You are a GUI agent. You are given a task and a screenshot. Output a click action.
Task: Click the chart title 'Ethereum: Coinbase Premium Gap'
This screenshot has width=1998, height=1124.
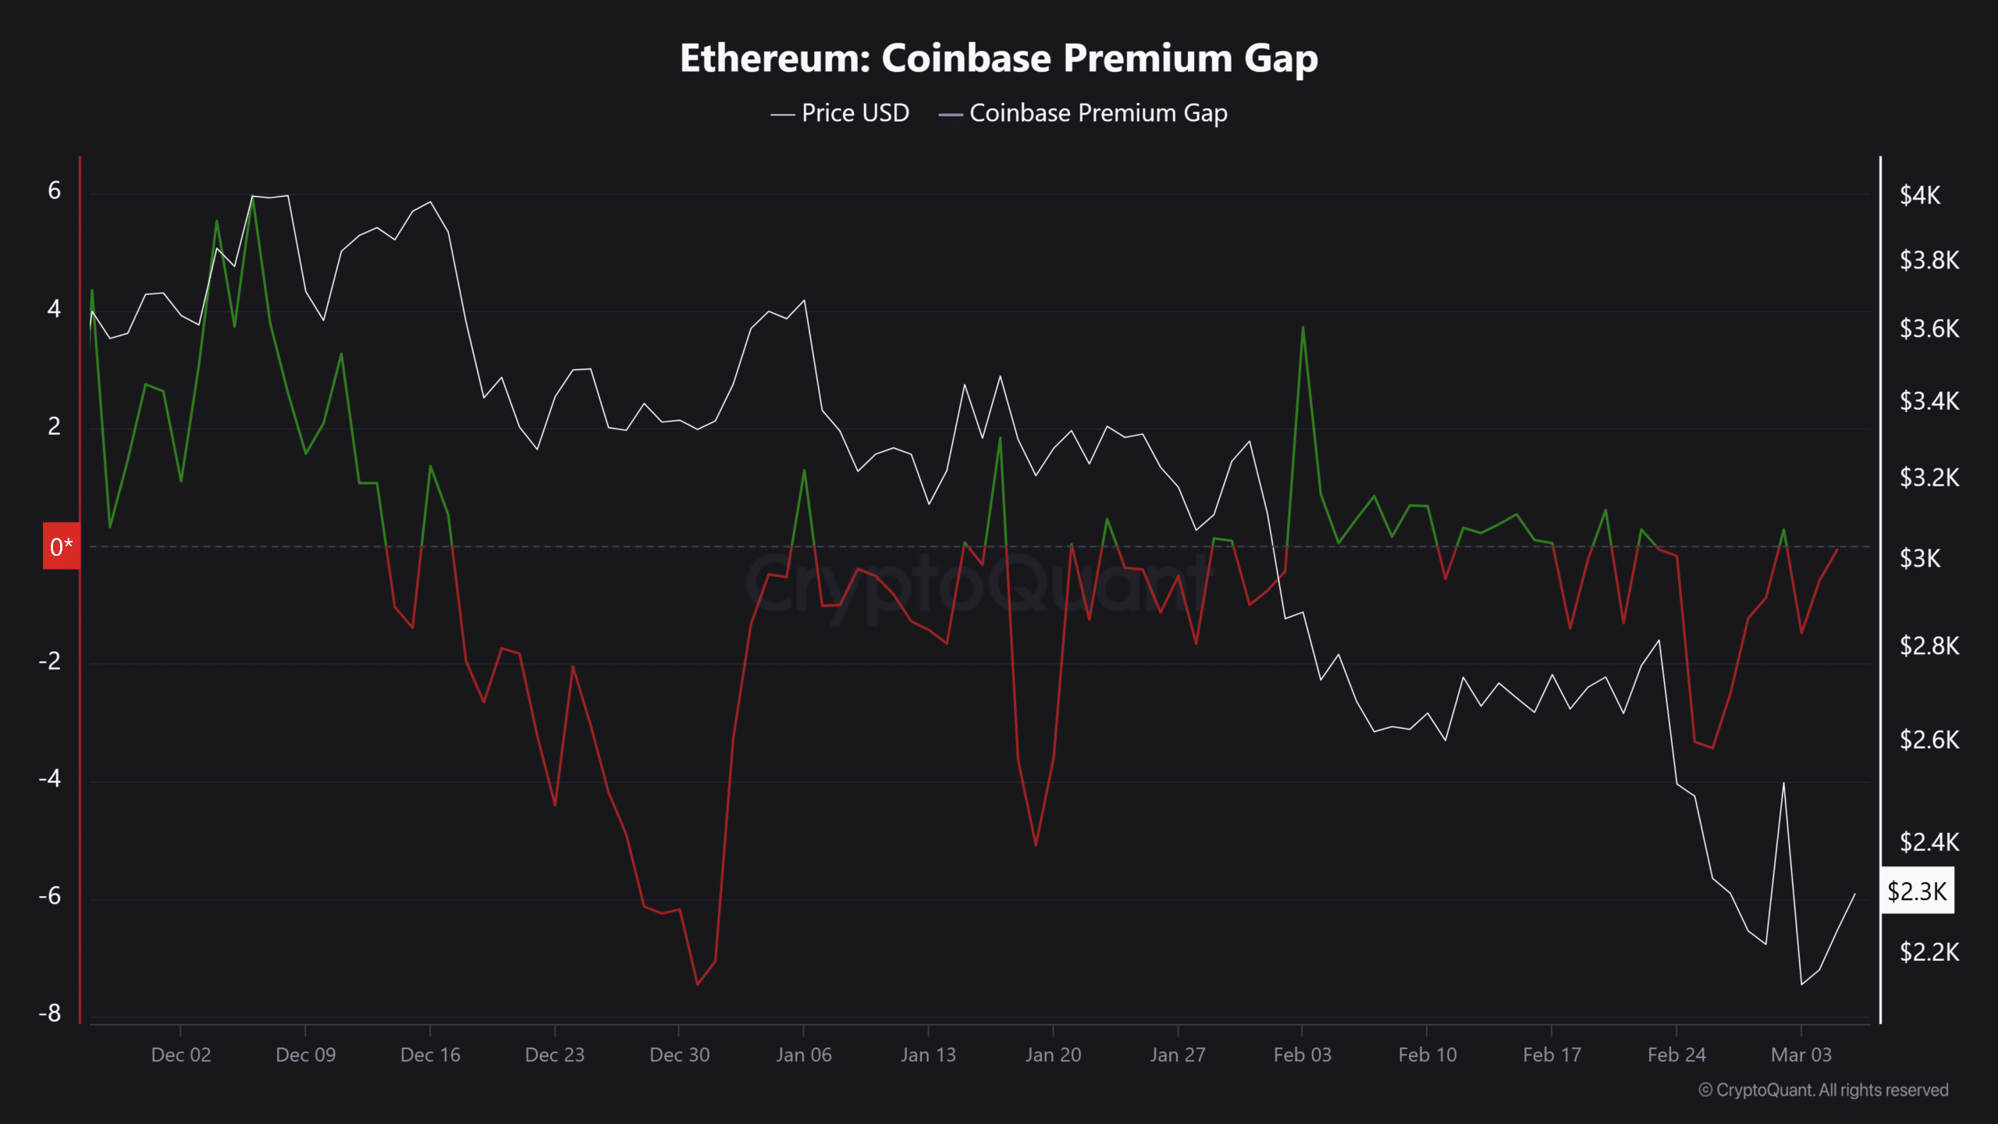coord(999,59)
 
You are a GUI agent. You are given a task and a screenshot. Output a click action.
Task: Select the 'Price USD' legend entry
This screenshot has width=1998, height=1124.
coord(840,113)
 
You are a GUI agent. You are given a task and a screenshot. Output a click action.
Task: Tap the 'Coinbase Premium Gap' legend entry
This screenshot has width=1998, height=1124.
coord(1083,113)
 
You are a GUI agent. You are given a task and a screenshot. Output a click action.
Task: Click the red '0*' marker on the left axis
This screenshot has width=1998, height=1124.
coord(61,546)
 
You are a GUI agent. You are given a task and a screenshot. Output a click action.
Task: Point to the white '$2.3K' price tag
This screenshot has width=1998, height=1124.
coord(1917,891)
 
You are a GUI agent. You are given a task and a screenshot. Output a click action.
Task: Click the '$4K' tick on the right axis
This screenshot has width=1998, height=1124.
coord(1920,195)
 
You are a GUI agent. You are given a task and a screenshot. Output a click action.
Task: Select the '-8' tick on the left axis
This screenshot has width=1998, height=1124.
coord(50,1013)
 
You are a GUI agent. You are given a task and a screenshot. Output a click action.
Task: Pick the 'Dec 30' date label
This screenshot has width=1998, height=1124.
coord(679,1055)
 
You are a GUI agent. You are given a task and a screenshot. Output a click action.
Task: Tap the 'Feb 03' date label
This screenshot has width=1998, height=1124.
coord(1302,1055)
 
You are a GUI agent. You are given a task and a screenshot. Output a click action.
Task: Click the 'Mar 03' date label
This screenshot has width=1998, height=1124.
coord(1801,1055)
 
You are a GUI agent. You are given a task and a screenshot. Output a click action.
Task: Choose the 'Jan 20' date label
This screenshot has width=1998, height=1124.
coord(1053,1055)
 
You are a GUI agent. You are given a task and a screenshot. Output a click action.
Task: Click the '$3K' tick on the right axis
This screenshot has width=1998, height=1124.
coord(1920,559)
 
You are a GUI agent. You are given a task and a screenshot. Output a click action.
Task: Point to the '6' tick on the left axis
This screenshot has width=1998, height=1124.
coord(54,190)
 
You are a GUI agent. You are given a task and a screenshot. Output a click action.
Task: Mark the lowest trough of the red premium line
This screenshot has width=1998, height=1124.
coord(698,984)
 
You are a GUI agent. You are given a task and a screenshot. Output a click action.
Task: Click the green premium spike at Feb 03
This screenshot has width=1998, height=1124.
coord(1303,327)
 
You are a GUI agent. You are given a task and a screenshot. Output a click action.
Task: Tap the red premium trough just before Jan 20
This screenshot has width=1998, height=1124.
coord(1036,845)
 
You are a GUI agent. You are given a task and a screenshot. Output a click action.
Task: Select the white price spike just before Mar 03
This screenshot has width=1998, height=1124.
coord(1783,782)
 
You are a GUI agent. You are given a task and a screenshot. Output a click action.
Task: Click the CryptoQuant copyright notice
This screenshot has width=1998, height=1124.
coord(1823,1090)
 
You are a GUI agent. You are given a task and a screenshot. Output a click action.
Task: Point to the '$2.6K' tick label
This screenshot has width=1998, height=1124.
coord(1929,740)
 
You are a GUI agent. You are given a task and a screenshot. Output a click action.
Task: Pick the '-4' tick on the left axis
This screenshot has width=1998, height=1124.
coord(50,778)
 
